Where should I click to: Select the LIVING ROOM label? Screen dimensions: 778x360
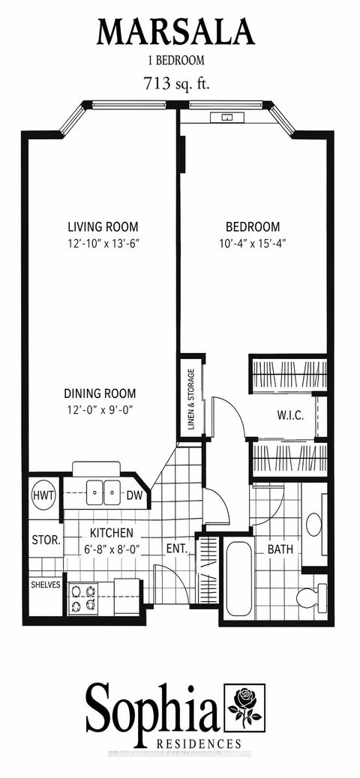coord(103,226)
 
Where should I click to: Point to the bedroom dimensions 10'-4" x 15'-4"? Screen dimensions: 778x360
coord(253,243)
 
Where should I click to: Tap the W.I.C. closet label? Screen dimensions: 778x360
coord(289,415)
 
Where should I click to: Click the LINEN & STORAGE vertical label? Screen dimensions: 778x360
coord(190,400)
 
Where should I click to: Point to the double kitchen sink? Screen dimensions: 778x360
coord(103,492)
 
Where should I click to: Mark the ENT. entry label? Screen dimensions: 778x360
coord(177,549)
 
